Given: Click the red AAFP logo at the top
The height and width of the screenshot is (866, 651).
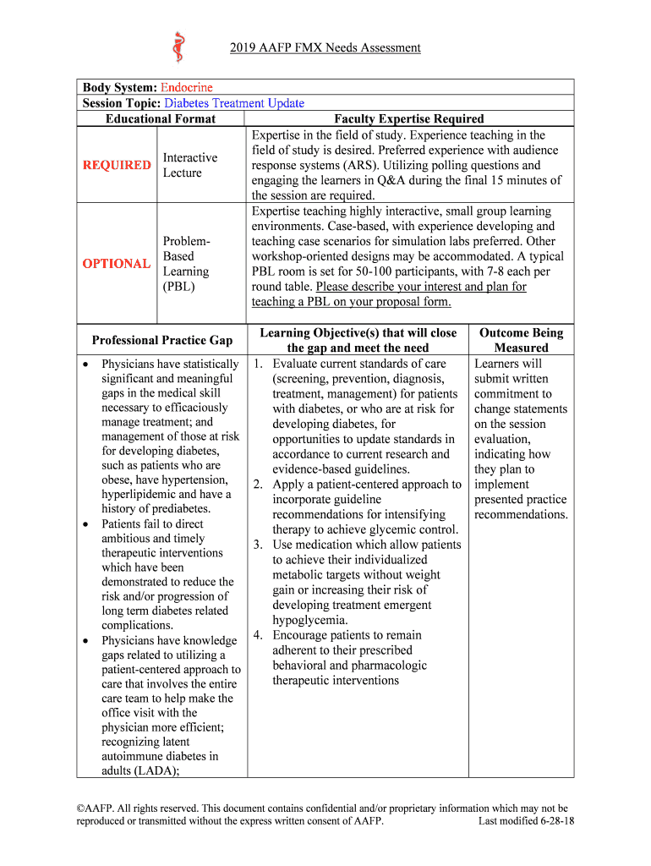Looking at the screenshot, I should pos(178,47).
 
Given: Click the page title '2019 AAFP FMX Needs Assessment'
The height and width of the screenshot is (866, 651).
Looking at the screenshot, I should pos(325,48).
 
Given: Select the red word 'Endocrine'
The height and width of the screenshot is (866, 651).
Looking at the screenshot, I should pos(186,87).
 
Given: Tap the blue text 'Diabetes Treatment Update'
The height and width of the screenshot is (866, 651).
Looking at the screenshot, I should pos(234,103).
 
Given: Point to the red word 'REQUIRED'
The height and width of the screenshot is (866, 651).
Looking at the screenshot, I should pos(117,165).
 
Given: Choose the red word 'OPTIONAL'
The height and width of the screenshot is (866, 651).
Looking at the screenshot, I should pos(117,264).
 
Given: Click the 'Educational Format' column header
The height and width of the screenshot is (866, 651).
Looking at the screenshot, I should pos(161,118).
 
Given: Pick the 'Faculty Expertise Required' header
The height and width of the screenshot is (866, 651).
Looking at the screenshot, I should pos(409,118).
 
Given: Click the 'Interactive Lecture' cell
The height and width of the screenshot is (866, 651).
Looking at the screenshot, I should pos(189,165).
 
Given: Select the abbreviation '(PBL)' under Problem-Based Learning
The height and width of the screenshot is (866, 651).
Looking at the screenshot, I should pos(178,287).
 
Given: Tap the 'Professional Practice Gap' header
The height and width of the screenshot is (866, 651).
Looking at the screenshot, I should pos(161,340).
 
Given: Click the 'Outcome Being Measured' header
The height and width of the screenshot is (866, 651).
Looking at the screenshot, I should pos(521,340).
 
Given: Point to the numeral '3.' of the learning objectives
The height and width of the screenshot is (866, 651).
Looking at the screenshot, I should pos(260,545).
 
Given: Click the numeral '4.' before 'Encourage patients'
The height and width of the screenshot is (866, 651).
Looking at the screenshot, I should pos(260,635).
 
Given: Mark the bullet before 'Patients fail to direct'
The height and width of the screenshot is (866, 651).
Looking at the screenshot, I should pos(88,524).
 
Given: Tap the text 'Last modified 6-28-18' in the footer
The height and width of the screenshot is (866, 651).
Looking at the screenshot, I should pos(526,821).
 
